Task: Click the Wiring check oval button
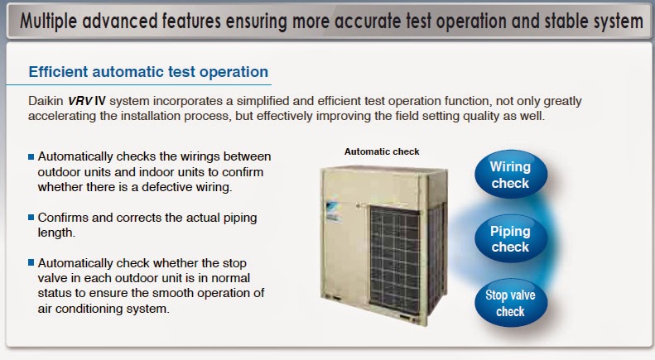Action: point(510,174)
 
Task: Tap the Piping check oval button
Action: point(510,238)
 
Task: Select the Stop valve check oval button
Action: point(510,303)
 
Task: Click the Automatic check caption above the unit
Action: point(382,151)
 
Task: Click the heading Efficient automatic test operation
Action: point(148,72)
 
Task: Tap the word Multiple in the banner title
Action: point(48,22)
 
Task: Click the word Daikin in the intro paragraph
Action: point(46,101)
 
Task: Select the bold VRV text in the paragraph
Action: point(80,101)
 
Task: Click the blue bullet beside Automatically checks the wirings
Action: point(31,157)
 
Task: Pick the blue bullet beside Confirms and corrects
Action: point(31,218)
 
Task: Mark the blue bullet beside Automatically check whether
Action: point(31,262)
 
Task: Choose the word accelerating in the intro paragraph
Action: point(62,116)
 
